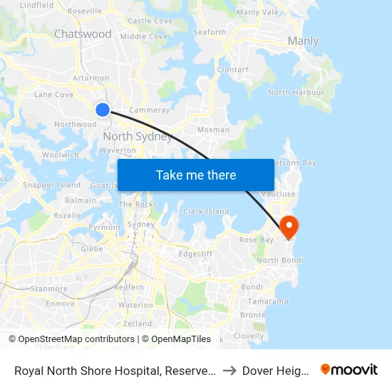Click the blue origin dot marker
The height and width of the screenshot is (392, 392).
[103, 109]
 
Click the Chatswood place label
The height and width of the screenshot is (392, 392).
[83, 34]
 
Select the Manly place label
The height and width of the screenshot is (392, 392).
[303, 41]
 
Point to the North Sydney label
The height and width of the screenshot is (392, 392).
[138, 137]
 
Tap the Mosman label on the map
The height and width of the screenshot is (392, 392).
[214, 130]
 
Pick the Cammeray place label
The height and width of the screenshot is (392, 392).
[149, 110]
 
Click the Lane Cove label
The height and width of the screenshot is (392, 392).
[53, 94]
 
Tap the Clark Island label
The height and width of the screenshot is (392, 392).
[206, 212]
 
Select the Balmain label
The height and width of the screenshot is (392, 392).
[81, 200]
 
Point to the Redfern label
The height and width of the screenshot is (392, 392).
[129, 287]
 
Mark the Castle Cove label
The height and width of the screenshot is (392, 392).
[149, 21]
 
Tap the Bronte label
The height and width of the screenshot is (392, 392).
[252, 315]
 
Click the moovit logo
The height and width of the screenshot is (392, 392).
[349, 370]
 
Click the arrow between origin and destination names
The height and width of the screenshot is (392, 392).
[229, 370]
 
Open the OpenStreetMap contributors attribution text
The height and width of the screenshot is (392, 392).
[76, 339]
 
